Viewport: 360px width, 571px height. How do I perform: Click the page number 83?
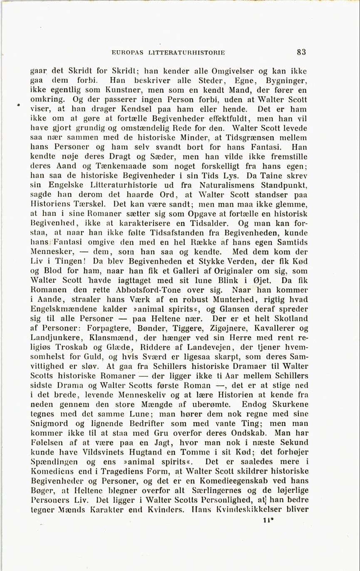(302, 52)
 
